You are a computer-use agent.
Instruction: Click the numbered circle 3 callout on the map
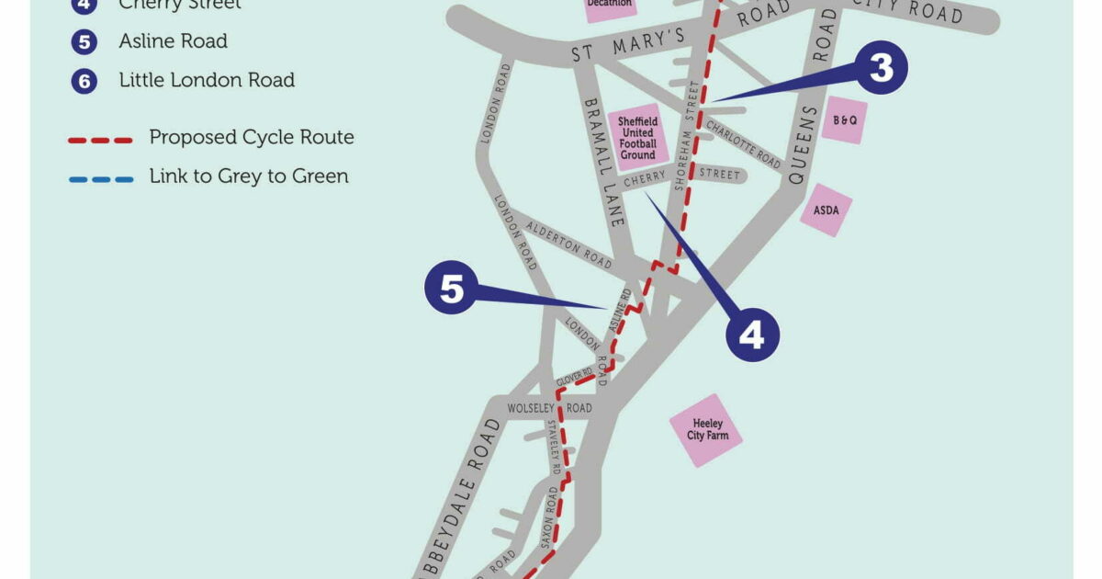pos(881,67)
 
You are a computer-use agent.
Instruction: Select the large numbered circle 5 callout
pos(451,289)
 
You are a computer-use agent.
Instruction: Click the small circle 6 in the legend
pos(84,81)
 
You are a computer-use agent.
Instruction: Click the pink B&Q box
pos(844,119)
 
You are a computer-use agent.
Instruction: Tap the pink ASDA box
pos(826,210)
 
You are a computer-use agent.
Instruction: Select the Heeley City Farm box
pos(706,429)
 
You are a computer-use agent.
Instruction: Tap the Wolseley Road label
pos(550,408)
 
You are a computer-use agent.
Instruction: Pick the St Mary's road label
pos(628,48)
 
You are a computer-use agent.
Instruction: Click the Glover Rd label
pos(575,378)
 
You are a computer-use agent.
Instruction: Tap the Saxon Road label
pos(549,517)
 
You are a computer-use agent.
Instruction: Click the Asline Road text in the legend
pos(173,41)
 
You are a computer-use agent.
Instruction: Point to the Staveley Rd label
pos(554,447)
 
